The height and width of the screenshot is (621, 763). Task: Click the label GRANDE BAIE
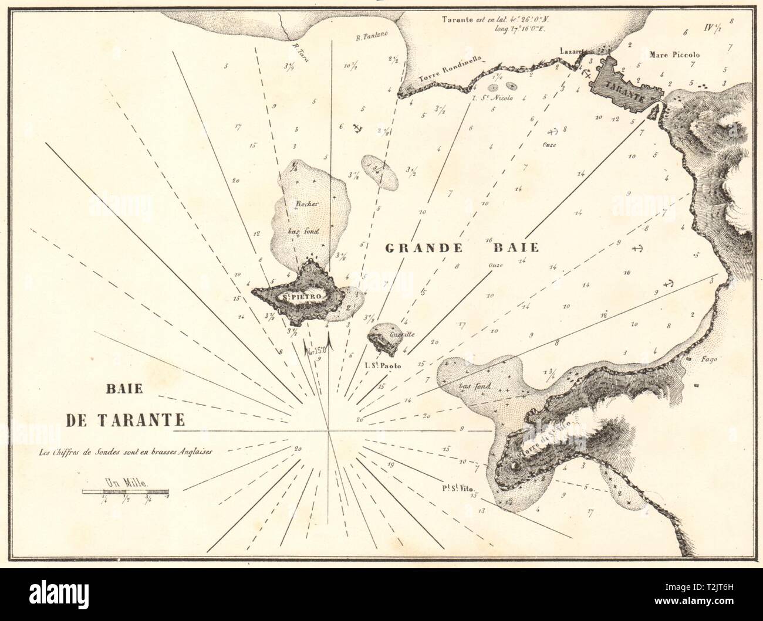[x=461, y=247]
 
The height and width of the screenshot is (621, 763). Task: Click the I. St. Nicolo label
[x=493, y=98]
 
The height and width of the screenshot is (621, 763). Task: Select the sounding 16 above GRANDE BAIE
[x=488, y=240]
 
